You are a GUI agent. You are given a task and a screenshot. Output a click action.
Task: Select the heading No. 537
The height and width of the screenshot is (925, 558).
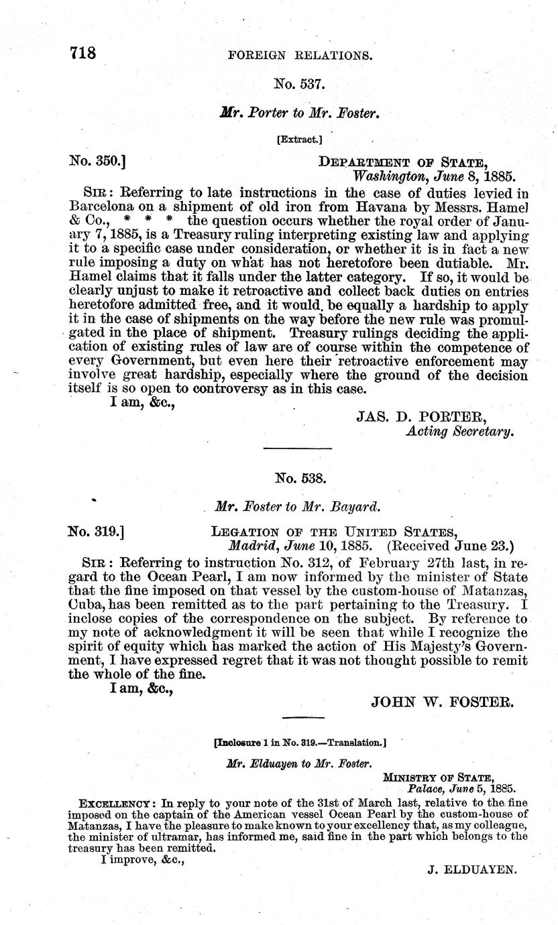(x=300, y=84)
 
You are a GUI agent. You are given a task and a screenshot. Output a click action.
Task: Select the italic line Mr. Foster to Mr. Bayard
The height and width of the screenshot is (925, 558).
(x=299, y=506)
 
